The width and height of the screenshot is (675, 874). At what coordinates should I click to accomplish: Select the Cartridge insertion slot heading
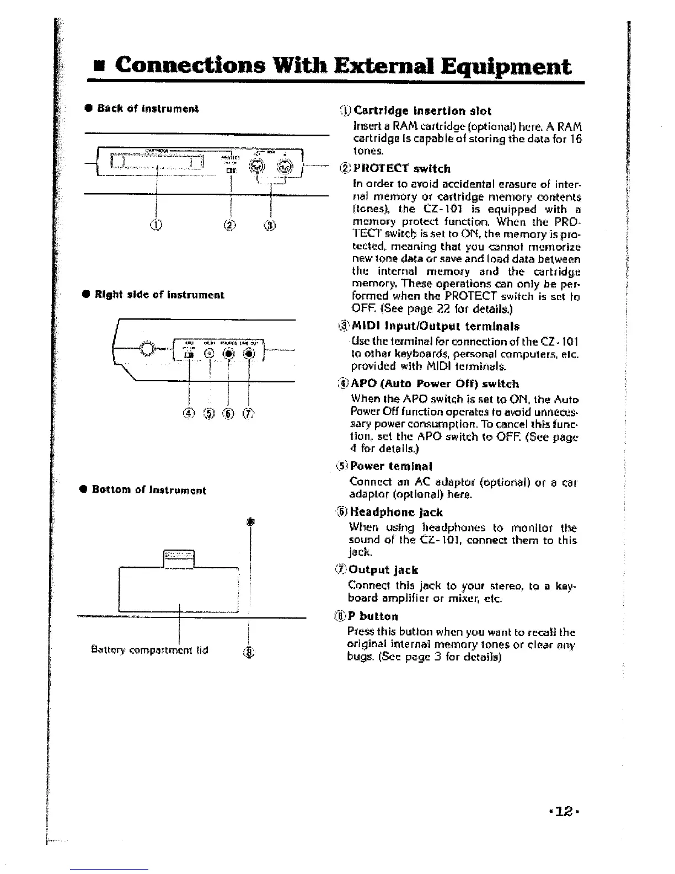(422, 110)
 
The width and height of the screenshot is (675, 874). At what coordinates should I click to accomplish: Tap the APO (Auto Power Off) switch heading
(435, 383)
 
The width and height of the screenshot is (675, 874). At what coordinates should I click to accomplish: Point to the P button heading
(373, 616)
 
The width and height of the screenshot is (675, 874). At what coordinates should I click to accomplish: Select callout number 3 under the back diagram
(270, 225)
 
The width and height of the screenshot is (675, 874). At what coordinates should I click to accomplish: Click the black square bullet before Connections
(99, 68)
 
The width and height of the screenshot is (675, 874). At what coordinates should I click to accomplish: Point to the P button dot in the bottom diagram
(250, 521)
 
